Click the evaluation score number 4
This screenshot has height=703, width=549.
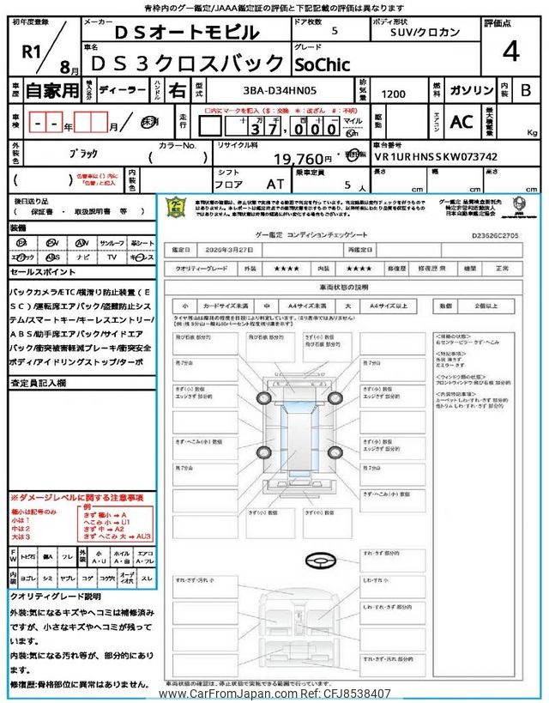pos(510,52)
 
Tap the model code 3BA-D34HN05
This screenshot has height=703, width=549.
pos(261,89)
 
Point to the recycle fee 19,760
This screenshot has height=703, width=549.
pos(302,159)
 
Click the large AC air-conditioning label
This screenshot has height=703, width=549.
pos(462,122)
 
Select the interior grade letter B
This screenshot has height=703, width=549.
pos(526,90)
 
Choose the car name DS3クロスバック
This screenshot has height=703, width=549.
pos(187,63)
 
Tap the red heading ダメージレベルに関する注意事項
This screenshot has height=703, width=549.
pos(76,498)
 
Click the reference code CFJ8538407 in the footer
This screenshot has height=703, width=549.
pos(354,694)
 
